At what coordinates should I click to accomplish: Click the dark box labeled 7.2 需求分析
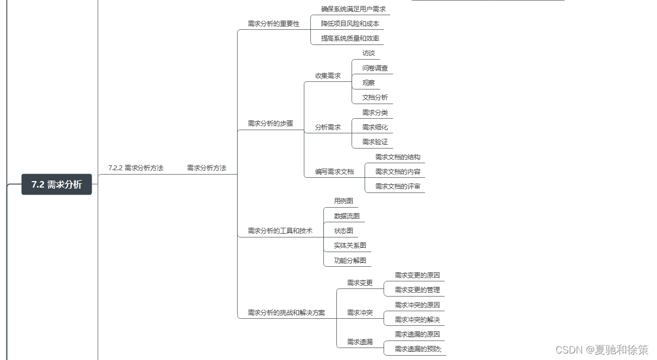tap(56, 184)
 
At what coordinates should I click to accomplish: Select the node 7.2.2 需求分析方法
tap(136, 168)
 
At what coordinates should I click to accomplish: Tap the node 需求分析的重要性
tap(273, 24)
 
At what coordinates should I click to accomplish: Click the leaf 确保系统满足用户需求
tap(353, 9)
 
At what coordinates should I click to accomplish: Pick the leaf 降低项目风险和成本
tap(350, 24)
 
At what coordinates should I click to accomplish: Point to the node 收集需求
tap(328, 76)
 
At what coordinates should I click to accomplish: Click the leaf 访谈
tap(368, 53)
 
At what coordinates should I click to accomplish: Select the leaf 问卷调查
tap(375, 68)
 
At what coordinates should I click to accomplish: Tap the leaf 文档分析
tap(375, 98)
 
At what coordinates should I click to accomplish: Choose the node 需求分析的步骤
tap(270, 124)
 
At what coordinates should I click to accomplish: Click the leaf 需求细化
tap(375, 127)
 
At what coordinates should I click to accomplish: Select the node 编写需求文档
tap(334, 172)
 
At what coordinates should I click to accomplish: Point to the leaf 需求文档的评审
tap(398, 187)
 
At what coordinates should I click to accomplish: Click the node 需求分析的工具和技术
tap(280, 231)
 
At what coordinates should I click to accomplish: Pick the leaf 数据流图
tap(347, 216)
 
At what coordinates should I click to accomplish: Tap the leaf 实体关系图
tap(350, 246)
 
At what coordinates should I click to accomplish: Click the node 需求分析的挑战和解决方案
tap(286, 313)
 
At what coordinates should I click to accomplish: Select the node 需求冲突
tap(360, 313)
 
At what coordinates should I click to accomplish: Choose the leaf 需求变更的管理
tap(417, 290)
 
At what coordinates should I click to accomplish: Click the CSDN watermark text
tap(602, 350)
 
